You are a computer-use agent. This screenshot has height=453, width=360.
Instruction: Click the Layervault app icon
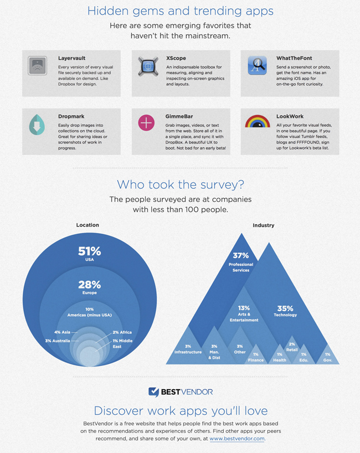tap(37, 65)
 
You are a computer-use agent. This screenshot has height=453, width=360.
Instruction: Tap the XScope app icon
tap(147, 65)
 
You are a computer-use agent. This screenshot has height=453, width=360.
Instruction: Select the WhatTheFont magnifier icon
tap(257, 65)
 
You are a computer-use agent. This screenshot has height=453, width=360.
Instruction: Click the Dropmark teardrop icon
tap(37, 125)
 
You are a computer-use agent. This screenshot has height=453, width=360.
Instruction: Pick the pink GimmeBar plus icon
tap(146, 123)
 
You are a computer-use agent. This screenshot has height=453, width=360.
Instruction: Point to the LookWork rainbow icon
tap(257, 121)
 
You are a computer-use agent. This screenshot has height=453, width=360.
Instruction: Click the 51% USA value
tap(89, 251)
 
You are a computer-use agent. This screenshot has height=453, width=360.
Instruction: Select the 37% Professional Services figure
tap(241, 256)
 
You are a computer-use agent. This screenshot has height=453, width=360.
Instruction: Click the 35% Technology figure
tap(285, 308)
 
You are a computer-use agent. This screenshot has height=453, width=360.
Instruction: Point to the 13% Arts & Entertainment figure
tap(244, 308)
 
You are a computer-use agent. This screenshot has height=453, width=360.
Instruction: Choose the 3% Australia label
tap(58, 341)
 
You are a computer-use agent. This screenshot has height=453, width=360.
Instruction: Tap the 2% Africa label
tap(122, 333)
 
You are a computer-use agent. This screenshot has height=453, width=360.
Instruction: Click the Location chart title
tap(88, 225)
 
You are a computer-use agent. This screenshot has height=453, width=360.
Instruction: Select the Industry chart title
tap(264, 225)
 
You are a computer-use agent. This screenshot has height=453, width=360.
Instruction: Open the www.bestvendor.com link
tap(237, 439)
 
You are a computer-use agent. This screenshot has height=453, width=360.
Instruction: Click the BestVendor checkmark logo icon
tap(153, 392)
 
